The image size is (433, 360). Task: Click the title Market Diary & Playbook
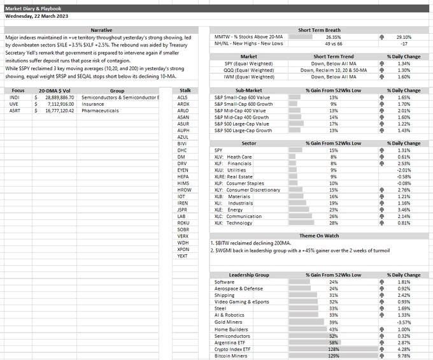point(34,7)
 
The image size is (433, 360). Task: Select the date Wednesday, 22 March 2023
point(38,17)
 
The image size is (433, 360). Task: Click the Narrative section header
point(101,30)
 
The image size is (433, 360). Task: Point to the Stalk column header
point(185,90)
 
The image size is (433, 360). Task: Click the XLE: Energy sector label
point(229,210)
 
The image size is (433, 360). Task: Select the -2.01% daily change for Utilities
point(404,170)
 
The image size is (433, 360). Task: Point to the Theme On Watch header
point(320,236)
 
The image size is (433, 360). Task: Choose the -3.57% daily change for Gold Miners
point(404,322)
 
